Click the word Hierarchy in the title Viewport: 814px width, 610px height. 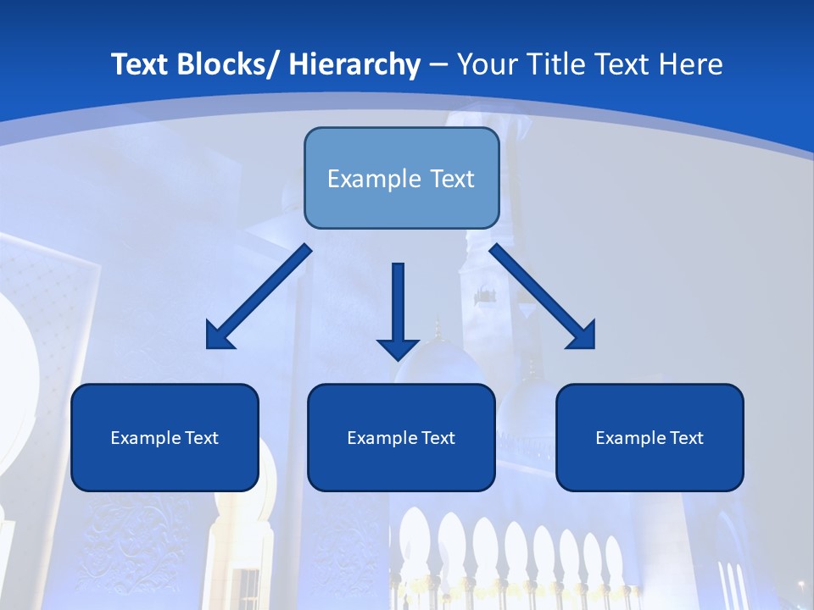pos(354,64)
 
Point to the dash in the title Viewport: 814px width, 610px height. pos(438,64)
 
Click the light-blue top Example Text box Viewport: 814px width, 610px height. pos(401,178)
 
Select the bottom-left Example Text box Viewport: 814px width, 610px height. pos(164,437)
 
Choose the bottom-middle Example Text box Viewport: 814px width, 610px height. pos(401,437)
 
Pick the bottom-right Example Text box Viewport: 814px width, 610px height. pos(650,437)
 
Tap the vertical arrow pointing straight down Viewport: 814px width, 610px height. pos(398,305)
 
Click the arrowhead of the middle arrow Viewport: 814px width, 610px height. pos(398,349)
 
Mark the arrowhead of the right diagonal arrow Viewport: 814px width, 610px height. pos(583,336)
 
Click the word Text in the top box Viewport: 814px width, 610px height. pos(445,179)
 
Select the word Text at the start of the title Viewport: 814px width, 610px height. pos(142,64)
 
